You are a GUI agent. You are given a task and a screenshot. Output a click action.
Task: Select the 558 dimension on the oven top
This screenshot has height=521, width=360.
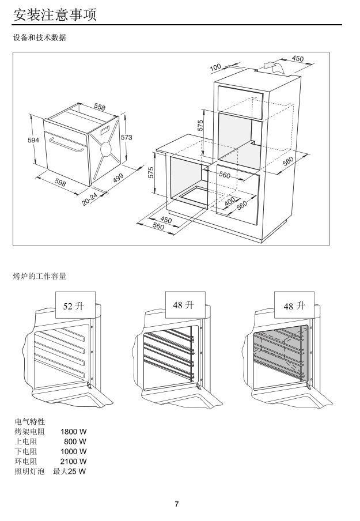100,107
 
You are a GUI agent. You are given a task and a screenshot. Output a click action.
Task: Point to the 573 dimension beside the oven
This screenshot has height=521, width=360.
126,137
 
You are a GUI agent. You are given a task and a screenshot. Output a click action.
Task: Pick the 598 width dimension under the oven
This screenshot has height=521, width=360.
60,182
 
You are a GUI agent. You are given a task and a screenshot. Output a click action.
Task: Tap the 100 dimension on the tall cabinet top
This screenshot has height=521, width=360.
215,68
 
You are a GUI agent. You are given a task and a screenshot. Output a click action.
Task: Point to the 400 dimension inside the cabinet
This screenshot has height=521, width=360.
229,202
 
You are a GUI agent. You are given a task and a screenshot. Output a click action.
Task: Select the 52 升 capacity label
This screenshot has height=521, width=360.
73,306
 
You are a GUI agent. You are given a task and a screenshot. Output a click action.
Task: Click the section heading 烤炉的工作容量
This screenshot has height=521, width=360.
39,276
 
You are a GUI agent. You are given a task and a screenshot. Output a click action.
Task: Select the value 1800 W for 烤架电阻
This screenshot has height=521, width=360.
74,431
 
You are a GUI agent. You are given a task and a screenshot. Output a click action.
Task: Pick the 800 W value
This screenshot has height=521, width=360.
76,441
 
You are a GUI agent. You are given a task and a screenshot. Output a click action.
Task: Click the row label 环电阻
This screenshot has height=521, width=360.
25,462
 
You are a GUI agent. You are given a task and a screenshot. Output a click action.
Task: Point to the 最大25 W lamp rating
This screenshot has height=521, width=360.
69,472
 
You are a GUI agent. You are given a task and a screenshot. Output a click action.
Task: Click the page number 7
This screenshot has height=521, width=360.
177,505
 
